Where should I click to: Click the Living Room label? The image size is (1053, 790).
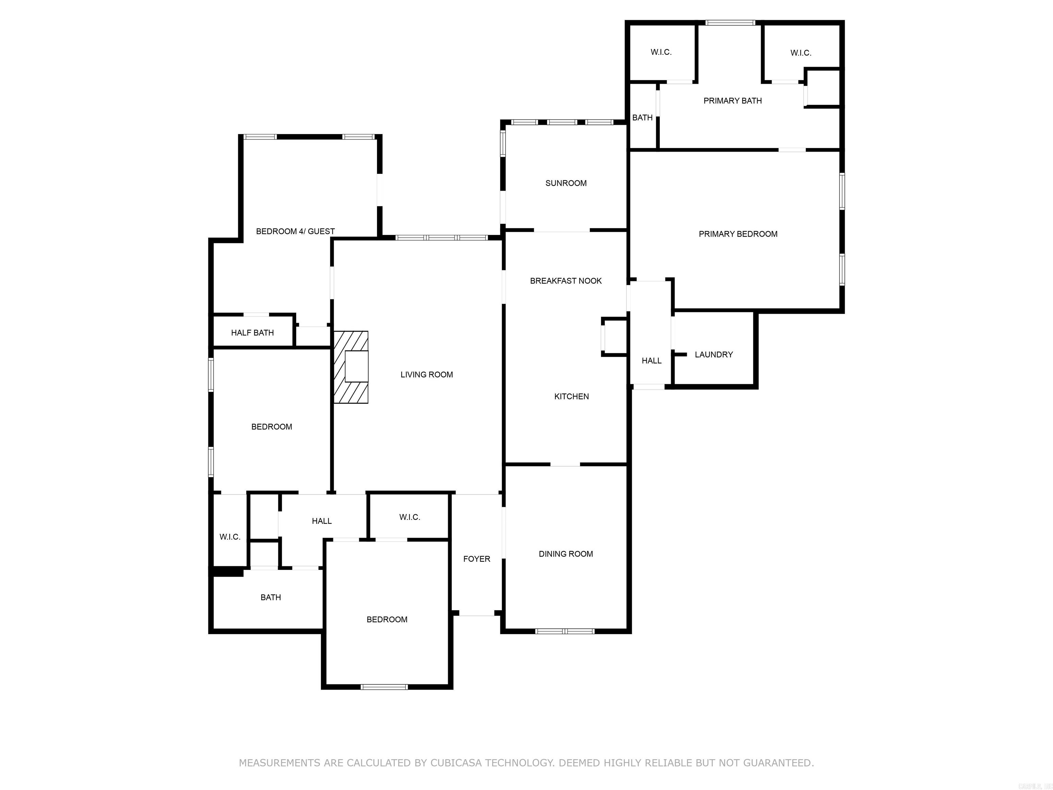[426, 375]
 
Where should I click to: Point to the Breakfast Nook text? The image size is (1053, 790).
[566, 281]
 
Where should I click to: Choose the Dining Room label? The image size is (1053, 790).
[566, 554]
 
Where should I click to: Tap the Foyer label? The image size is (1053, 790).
[476, 559]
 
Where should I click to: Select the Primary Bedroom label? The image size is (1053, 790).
[738, 234]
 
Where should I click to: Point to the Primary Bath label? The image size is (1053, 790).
[733, 101]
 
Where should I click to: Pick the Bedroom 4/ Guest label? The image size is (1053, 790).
[295, 231]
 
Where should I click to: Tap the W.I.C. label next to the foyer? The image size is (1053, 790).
[409, 517]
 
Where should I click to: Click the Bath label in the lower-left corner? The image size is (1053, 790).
[270, 598]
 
